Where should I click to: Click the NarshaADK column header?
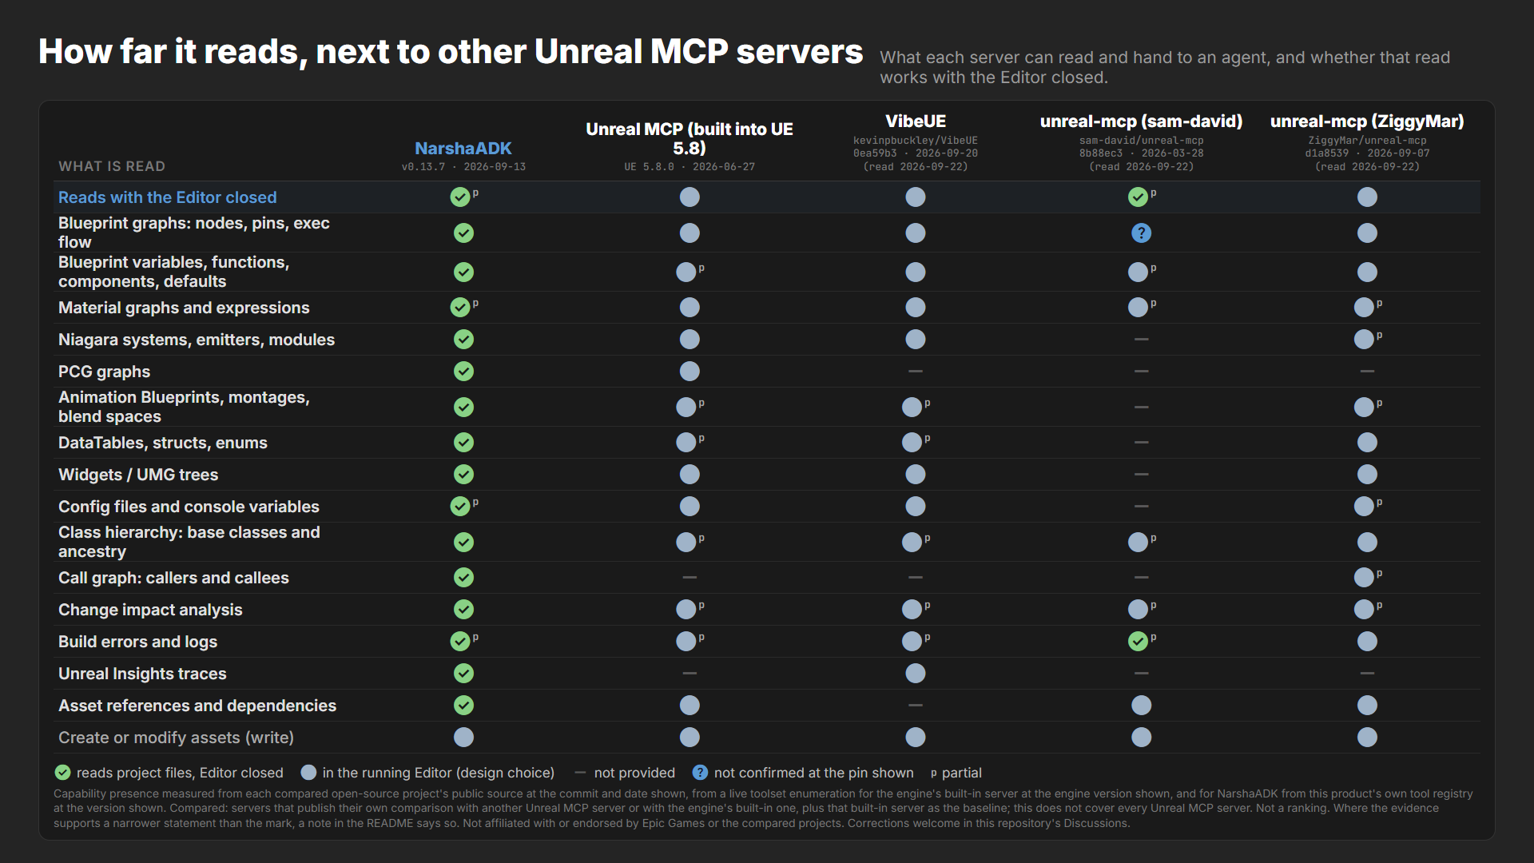[463, 148]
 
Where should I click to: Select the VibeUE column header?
[916, 121]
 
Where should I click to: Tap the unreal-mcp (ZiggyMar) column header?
[1367, 121]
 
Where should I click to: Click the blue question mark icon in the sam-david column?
[1141, 233]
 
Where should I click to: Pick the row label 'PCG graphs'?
[104, 372]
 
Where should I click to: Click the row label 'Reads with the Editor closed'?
[167, 197]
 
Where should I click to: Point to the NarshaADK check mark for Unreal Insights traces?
[463, 674]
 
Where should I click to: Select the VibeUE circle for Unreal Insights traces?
[916, 674]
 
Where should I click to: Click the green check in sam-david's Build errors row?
[1138, 641]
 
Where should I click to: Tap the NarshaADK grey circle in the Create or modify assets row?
[463, 738]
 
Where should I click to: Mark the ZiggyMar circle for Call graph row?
[1364, 577]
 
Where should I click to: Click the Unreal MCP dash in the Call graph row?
[690, 577]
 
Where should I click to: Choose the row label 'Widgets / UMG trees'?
[138, 475]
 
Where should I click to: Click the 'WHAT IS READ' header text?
[112, 166]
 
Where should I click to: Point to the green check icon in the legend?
[62, 773]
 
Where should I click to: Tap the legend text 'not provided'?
[634, 773]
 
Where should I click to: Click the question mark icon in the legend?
[700, 773]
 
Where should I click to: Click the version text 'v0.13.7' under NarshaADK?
[423, 167]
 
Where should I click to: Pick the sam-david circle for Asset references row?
[1141, 706]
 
